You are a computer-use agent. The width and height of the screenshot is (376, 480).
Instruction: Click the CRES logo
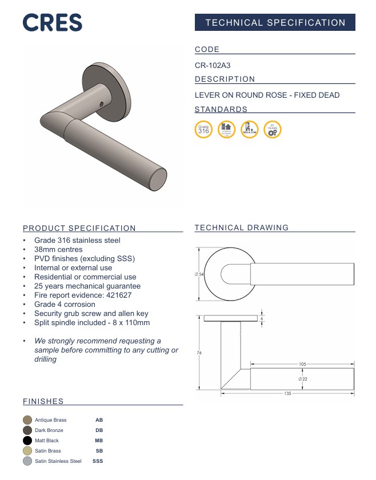pos(53,22)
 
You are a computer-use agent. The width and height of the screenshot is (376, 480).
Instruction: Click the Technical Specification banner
pos(275,23)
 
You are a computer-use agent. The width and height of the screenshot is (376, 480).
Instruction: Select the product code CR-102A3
pos(213,65)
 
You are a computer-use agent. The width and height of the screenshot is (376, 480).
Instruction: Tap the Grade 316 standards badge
pos(203,130)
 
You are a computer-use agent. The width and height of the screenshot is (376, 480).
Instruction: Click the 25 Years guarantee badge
pos(273,130)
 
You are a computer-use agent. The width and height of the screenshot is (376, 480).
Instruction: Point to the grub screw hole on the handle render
pos(103,105)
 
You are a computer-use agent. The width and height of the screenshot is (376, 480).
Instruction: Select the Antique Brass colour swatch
pos(27,420)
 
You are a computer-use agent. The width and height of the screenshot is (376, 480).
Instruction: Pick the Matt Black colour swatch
pos(27,441)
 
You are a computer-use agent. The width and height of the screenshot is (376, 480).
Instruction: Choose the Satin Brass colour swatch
pos(27,451)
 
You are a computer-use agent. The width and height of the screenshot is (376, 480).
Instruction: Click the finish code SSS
pos(98,461)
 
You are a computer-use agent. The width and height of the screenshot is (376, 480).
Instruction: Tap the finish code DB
pos(99,430)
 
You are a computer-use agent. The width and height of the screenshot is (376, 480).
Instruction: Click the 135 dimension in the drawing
pos(287,394)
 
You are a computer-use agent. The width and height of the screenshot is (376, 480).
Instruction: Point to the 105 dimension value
pos(302,364)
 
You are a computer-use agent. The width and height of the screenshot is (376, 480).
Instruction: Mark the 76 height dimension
pos(199,353)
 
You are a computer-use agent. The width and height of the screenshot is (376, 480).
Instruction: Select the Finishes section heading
pos(43,401)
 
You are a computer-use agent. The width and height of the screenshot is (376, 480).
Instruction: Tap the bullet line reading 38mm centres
pos(58,250)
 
